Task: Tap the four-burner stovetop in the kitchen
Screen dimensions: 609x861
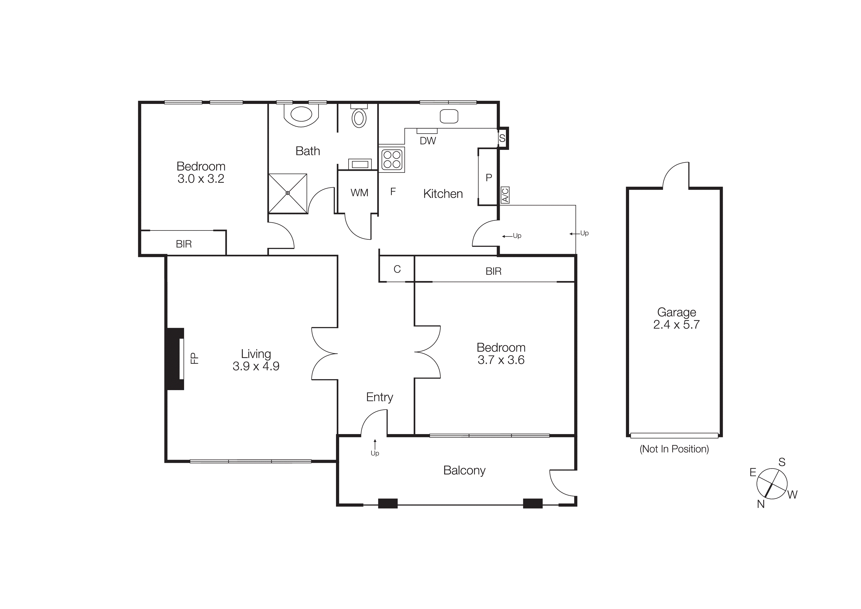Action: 392,159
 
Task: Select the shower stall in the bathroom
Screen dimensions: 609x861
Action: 288,193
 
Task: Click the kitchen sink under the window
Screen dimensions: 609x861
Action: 449,116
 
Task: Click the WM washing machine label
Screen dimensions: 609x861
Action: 359,193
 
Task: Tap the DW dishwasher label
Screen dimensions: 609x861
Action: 428,141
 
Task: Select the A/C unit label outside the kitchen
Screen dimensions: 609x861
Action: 505,195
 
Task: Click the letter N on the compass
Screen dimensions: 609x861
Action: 761,504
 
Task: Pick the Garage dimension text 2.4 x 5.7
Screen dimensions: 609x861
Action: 676,325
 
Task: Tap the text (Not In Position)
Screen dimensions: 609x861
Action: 674,449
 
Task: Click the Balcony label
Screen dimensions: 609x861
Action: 464,470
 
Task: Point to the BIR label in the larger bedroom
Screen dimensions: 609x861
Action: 493,271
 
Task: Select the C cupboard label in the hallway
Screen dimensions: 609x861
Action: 397,269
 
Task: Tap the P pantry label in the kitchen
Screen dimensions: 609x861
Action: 489,177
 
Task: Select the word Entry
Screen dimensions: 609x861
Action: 379,397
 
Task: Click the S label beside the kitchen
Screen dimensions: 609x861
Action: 502,138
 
